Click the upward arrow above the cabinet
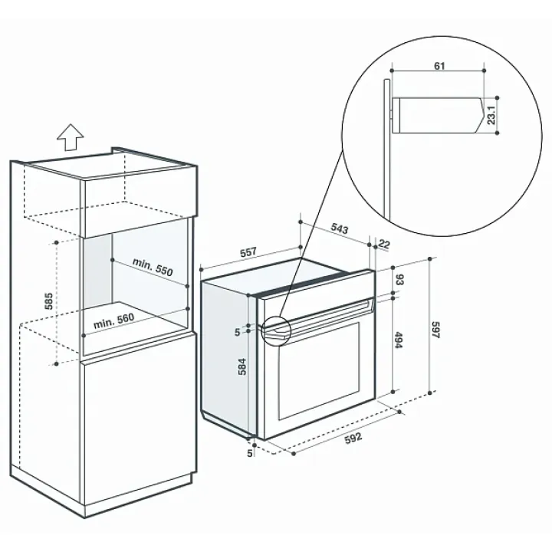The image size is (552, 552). click(71, 137)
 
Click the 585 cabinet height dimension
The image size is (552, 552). click(49, 301)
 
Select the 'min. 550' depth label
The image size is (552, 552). click(153, 267)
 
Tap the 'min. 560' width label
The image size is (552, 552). click(113, 321)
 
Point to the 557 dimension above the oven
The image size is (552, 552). click(248, 252)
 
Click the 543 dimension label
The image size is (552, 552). click(340, 228)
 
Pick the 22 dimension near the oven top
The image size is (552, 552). click(384, 244)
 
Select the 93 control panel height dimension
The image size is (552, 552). click(399, 280)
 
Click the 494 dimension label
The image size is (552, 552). click(399, 340)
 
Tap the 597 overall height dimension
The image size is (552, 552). click(435, 330)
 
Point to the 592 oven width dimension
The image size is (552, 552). click(353, 439)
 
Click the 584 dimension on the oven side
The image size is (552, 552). click(242, 366)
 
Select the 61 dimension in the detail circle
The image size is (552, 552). click(439, 66)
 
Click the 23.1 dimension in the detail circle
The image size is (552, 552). click(491, 115)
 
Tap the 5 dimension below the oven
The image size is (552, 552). click(250, 453)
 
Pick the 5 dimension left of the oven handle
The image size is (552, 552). click(237, 332)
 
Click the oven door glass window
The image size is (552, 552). click(320, 371)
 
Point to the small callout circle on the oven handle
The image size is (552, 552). click(276, 331)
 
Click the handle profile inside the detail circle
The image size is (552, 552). click(439, 115)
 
